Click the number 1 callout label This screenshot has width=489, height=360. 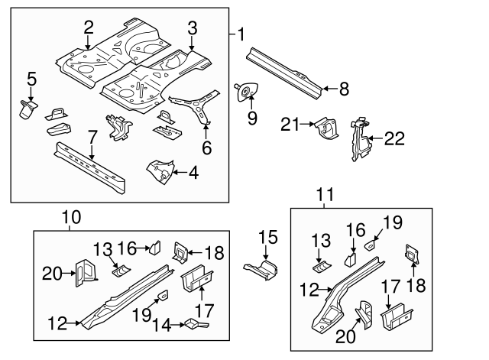click(x=241, y=34)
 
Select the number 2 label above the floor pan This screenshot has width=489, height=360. click(x=89, y=28)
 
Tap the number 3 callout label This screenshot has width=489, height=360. click(x=193, y=28)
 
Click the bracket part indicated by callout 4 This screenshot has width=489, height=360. click(x=161, y=170)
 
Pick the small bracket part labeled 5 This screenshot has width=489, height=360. click(x=28, y=109)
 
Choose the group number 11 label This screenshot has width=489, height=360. click(x=326, y=196)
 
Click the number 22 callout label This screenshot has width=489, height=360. click(x=393, y=138)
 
